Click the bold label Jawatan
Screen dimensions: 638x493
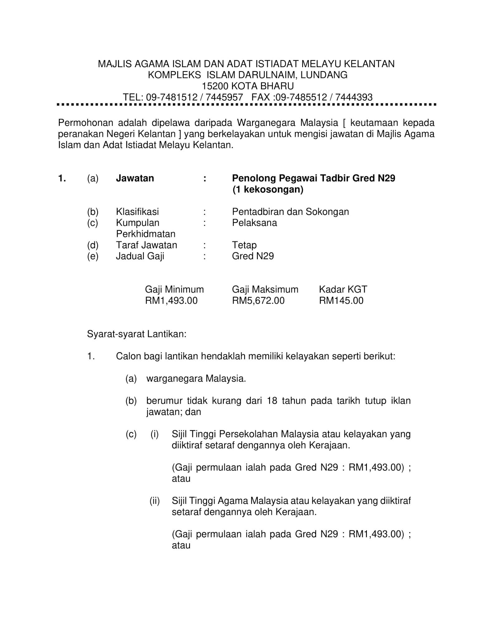pyautogui.click(x=135, y=178)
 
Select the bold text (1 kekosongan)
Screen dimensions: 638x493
pyautogui.click(x=268, y=189)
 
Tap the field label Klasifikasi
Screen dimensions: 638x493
pyautogui.click(x=137, y=212)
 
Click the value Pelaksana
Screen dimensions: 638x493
pyautogui.click(x=254, y=223)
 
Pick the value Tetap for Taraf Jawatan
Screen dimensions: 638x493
pyautogui.click(x=244, y=245)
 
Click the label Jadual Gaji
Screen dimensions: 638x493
pyautogui.click(x=140, y=256)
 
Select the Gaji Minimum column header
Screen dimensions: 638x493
pyautogui.click(x=174, y=289)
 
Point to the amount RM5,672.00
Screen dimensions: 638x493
pyautogui.click(x=258, y=301)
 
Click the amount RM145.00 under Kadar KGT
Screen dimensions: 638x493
pyautogui.click(x=341, y=301)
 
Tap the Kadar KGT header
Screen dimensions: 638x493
pyautogui.click(x=343, y=289)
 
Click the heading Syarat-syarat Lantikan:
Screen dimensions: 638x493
pyautogui.click(x=137, y=334)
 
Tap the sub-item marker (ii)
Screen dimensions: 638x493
pyautogui.click(x=155, y=501)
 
